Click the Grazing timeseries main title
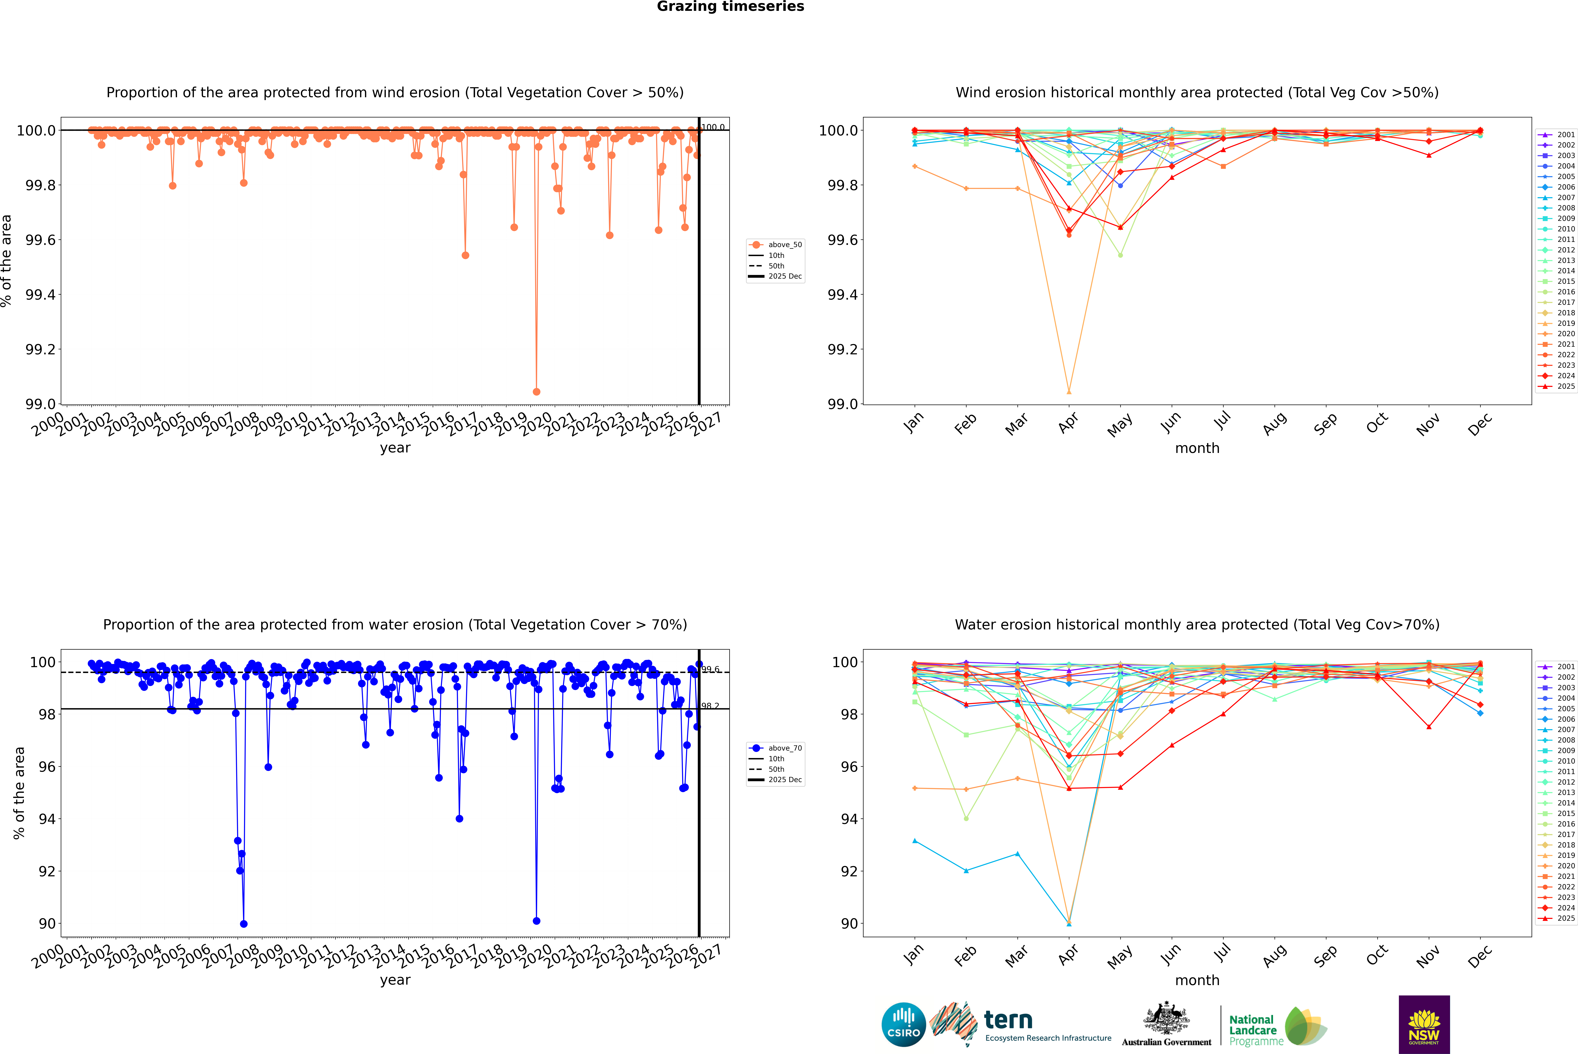coord(730,7)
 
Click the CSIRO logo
coord(903,1024)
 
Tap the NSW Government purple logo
coord(1424,1024)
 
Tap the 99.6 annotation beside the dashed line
coord(710,669)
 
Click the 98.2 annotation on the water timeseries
coord(710,706)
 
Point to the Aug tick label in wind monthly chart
coord(1275,423)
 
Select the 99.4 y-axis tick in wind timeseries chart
coord(40,294)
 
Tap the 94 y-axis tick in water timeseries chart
coord(47,819)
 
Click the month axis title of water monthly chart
coord(1197,980)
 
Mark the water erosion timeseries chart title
coord(395,624)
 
